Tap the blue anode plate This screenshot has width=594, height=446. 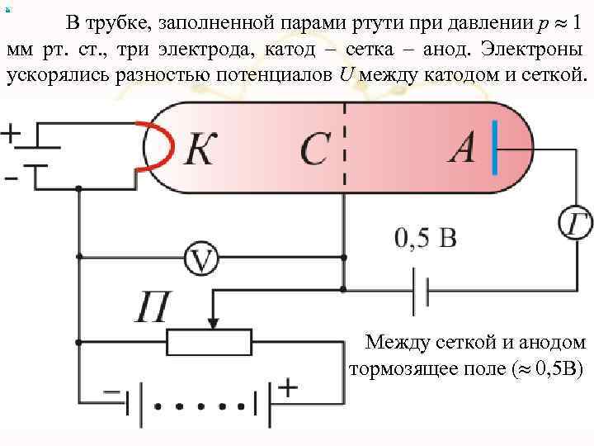tap(493, 149)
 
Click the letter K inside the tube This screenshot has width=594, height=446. tap(207, 149)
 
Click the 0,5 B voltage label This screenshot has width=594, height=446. tap(425, 239)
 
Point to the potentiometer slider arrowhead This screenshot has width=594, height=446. tap(212, 321)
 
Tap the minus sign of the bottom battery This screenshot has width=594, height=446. tap(110, 391)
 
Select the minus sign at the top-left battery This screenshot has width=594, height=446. tap(11, 176)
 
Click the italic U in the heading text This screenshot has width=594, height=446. tap(347, 76)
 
